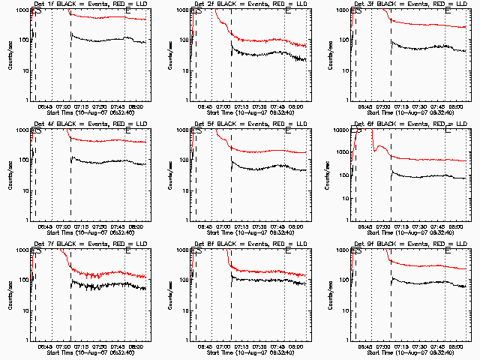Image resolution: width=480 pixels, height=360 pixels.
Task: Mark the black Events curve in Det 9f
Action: (x=420, y=283)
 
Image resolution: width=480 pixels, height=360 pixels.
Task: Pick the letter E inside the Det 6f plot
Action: (x=448, y=132)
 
